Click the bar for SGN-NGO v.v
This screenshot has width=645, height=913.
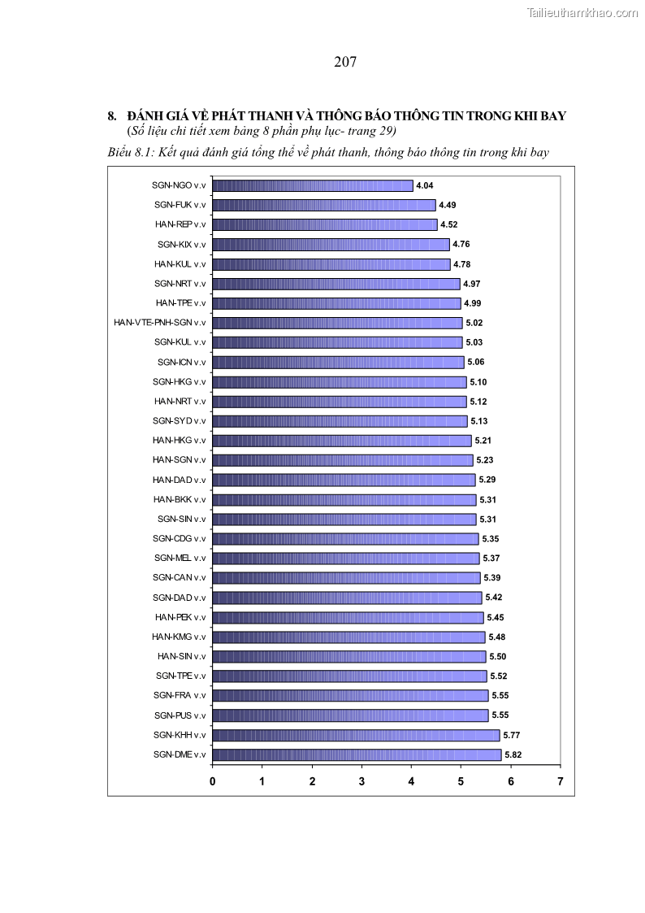(313, 185)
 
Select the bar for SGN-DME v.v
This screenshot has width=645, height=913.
(357, 754)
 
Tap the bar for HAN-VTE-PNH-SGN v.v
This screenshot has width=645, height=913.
(337, 323)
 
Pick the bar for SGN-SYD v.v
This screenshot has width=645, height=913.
(340, 421)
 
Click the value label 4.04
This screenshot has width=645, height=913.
(424, 186)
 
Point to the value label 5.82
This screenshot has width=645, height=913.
(513, 754)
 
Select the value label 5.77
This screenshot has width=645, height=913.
(511, 735)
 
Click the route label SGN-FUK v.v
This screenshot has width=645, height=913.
(180, 205)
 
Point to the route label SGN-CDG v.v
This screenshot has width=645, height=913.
(179, 538)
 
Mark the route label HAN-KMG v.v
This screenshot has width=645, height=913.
(179, 637)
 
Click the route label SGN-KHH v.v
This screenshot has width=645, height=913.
(179, 735)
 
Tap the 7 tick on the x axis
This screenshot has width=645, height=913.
(561, 781)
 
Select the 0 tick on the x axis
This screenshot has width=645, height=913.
(213, 781)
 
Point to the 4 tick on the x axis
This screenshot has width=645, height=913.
(411, 781)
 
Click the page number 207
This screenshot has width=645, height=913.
(345, 62)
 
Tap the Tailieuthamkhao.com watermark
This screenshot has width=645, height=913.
(582, 12)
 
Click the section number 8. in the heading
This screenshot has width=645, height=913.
(113, 116)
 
